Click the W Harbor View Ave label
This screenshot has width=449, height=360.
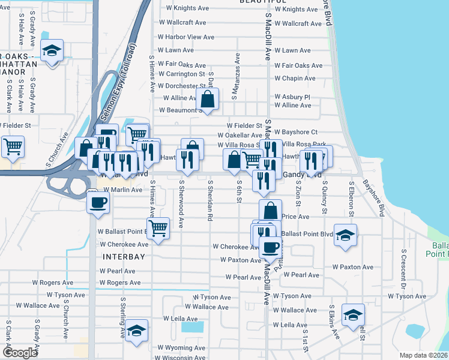[x=186, y=37]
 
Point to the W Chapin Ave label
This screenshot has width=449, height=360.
[x=295, y=79]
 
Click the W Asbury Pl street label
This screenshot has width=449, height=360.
[x=292, y=97]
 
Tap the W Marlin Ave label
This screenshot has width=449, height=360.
[x=122, y=190]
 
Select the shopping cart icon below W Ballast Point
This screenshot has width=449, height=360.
[x=157, y=227]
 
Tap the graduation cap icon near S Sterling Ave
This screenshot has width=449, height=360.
[x=137, y=331]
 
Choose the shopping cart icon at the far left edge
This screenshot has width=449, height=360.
[x=12, y=146]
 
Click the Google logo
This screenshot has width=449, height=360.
[x=20, y=353]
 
